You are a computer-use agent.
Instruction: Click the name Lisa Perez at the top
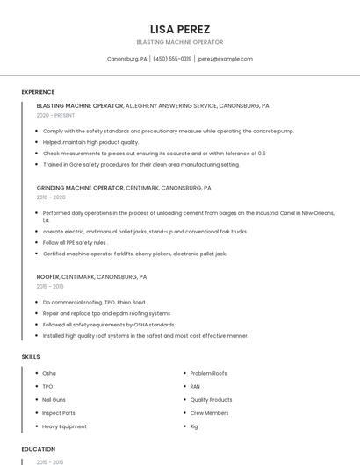pos(180,29)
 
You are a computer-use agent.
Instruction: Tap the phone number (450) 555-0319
pos(172,59)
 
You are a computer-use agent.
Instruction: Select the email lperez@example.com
pos(225,59)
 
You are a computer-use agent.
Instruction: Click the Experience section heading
pos(38,92)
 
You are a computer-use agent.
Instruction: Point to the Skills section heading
pos(31,357)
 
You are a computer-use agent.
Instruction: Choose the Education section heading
pos(39,449)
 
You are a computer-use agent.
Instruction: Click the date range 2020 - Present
pos(54,116)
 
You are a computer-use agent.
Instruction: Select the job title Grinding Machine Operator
pos(80,188)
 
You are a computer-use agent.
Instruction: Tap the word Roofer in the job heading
pos(47,276)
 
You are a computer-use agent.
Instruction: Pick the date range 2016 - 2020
pos(52,198)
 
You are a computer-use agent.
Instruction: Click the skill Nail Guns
pos(54,399)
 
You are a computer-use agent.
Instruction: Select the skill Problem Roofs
pos(208,373)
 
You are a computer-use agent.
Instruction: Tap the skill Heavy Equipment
pos(64,426)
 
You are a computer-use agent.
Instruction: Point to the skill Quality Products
pos(211,399)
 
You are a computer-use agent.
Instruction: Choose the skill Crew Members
pos(209,412)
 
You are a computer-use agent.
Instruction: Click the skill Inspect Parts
pos(59,412)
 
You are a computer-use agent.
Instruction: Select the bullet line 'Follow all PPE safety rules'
pos(75,242)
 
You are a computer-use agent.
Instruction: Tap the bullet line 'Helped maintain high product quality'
pos(90,142)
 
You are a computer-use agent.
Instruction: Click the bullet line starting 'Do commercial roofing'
pos(94,302)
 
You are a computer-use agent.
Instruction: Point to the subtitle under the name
pos(180,42)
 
